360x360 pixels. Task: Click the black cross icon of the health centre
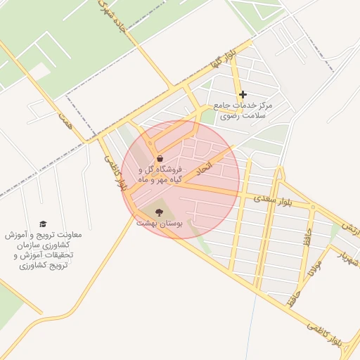243,94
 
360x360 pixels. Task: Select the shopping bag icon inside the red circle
160,158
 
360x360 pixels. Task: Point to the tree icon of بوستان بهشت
159,211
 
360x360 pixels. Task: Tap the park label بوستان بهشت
160,222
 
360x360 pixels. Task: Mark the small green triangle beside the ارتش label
335,229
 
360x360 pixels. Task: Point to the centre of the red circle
180,179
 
